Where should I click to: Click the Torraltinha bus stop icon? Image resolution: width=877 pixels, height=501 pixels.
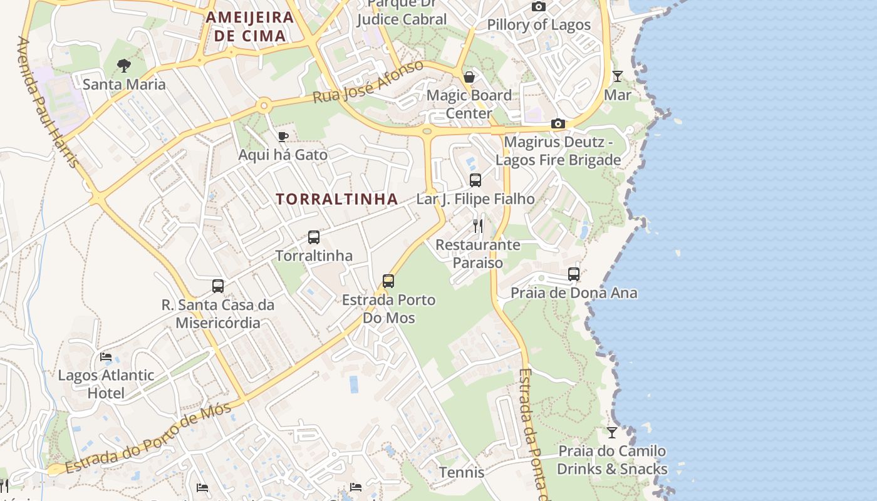pos(314,237)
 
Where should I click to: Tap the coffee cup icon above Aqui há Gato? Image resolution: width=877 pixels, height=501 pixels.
pos(283,137)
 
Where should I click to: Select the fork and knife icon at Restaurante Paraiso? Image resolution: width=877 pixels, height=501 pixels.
pos(478,225)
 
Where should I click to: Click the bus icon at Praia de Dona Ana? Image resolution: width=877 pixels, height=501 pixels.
pos(574,274)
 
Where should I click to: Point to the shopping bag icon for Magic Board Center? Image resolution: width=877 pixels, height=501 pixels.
pos(469,77)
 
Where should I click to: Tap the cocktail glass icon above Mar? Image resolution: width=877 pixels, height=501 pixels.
pos(618,76)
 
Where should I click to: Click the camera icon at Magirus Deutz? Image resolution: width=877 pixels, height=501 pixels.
pos(558,123)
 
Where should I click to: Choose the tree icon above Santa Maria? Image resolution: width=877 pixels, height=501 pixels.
pos(124,65)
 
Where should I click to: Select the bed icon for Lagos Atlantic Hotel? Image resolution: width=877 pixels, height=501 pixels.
pos(106,357)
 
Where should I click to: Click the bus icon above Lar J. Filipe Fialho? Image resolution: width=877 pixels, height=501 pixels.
pos(475,180)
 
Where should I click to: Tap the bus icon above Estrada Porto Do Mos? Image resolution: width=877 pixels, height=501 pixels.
pos(388,281)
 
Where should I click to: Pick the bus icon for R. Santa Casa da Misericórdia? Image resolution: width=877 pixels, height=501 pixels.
pos(218,286)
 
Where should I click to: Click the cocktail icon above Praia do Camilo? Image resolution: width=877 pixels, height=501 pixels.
pos(612,432)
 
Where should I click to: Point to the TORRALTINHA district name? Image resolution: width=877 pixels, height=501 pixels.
pos(337,199)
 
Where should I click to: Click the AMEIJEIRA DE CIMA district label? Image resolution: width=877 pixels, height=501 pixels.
pos(250,26)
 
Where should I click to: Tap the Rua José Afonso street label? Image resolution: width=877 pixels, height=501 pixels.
pos(368,83)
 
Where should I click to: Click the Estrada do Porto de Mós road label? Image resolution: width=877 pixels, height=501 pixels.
pos(148,438)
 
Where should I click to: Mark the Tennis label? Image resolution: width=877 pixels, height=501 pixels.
pos(462,472)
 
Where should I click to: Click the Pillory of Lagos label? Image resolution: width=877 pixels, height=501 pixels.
pos(539,25)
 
